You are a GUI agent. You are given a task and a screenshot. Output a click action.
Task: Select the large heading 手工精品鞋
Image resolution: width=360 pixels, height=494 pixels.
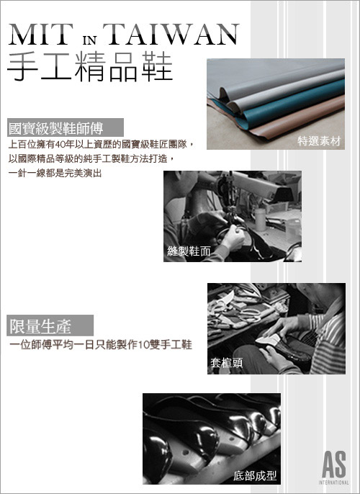coord(89,66)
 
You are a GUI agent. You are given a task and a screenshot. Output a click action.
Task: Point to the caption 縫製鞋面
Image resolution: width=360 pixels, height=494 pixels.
coord(189,251)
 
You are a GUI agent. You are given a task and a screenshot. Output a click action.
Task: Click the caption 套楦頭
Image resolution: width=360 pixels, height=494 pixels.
coord(227,364)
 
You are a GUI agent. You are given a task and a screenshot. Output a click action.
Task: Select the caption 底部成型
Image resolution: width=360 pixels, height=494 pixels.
coord(255,475)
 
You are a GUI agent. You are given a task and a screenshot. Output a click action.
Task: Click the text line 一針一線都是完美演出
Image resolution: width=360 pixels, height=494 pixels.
coord(54,174)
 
